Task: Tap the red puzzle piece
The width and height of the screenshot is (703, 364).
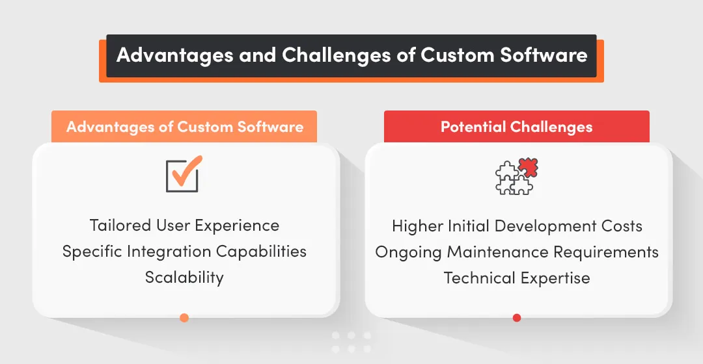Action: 528,168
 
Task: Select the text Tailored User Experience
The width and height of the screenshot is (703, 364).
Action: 184,226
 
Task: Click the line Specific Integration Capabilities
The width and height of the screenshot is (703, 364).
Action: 184,252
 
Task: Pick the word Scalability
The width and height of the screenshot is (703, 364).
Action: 184,278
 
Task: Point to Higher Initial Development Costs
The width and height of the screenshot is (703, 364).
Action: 517,226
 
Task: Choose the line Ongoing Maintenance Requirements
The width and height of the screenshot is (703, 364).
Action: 517,252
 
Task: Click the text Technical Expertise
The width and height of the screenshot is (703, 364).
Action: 517,278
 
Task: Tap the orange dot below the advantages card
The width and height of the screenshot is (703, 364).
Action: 184,318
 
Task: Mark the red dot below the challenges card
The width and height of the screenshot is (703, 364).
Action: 517,318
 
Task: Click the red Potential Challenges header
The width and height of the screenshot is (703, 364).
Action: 517,127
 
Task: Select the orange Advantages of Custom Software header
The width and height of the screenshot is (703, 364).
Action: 184,127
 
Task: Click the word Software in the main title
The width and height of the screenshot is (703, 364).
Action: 544,55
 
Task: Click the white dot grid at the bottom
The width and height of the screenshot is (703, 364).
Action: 351,343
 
